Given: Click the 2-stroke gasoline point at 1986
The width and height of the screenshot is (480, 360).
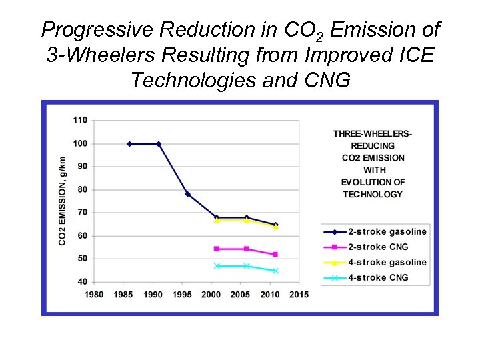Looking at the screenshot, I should coord(129,143).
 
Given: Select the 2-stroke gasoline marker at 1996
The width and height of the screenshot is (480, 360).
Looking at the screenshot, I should coord(187,194).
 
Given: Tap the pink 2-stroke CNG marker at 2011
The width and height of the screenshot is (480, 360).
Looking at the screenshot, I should coord(275,254).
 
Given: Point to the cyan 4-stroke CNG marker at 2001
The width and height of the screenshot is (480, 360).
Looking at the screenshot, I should coord(217,266).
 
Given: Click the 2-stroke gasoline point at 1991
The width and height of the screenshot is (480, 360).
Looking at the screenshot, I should coord(159,143).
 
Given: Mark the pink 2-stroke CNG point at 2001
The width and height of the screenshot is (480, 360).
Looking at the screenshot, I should coord(217,249).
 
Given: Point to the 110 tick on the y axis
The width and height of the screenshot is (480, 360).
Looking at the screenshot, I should coord(80,120).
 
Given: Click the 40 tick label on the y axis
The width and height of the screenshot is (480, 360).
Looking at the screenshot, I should coord(82,281).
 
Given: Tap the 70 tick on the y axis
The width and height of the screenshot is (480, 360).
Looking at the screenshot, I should coord(82,213).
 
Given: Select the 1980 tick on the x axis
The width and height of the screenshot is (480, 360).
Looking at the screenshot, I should coord(94,295).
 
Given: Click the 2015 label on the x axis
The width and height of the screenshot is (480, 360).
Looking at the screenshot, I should coord(299,295).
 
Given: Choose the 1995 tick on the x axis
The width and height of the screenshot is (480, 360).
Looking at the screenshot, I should coord(182,295).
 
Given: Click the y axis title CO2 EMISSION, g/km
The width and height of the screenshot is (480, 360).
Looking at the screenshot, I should coord(63,201).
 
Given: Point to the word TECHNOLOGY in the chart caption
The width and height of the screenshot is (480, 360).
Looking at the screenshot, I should coord(373,195).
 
